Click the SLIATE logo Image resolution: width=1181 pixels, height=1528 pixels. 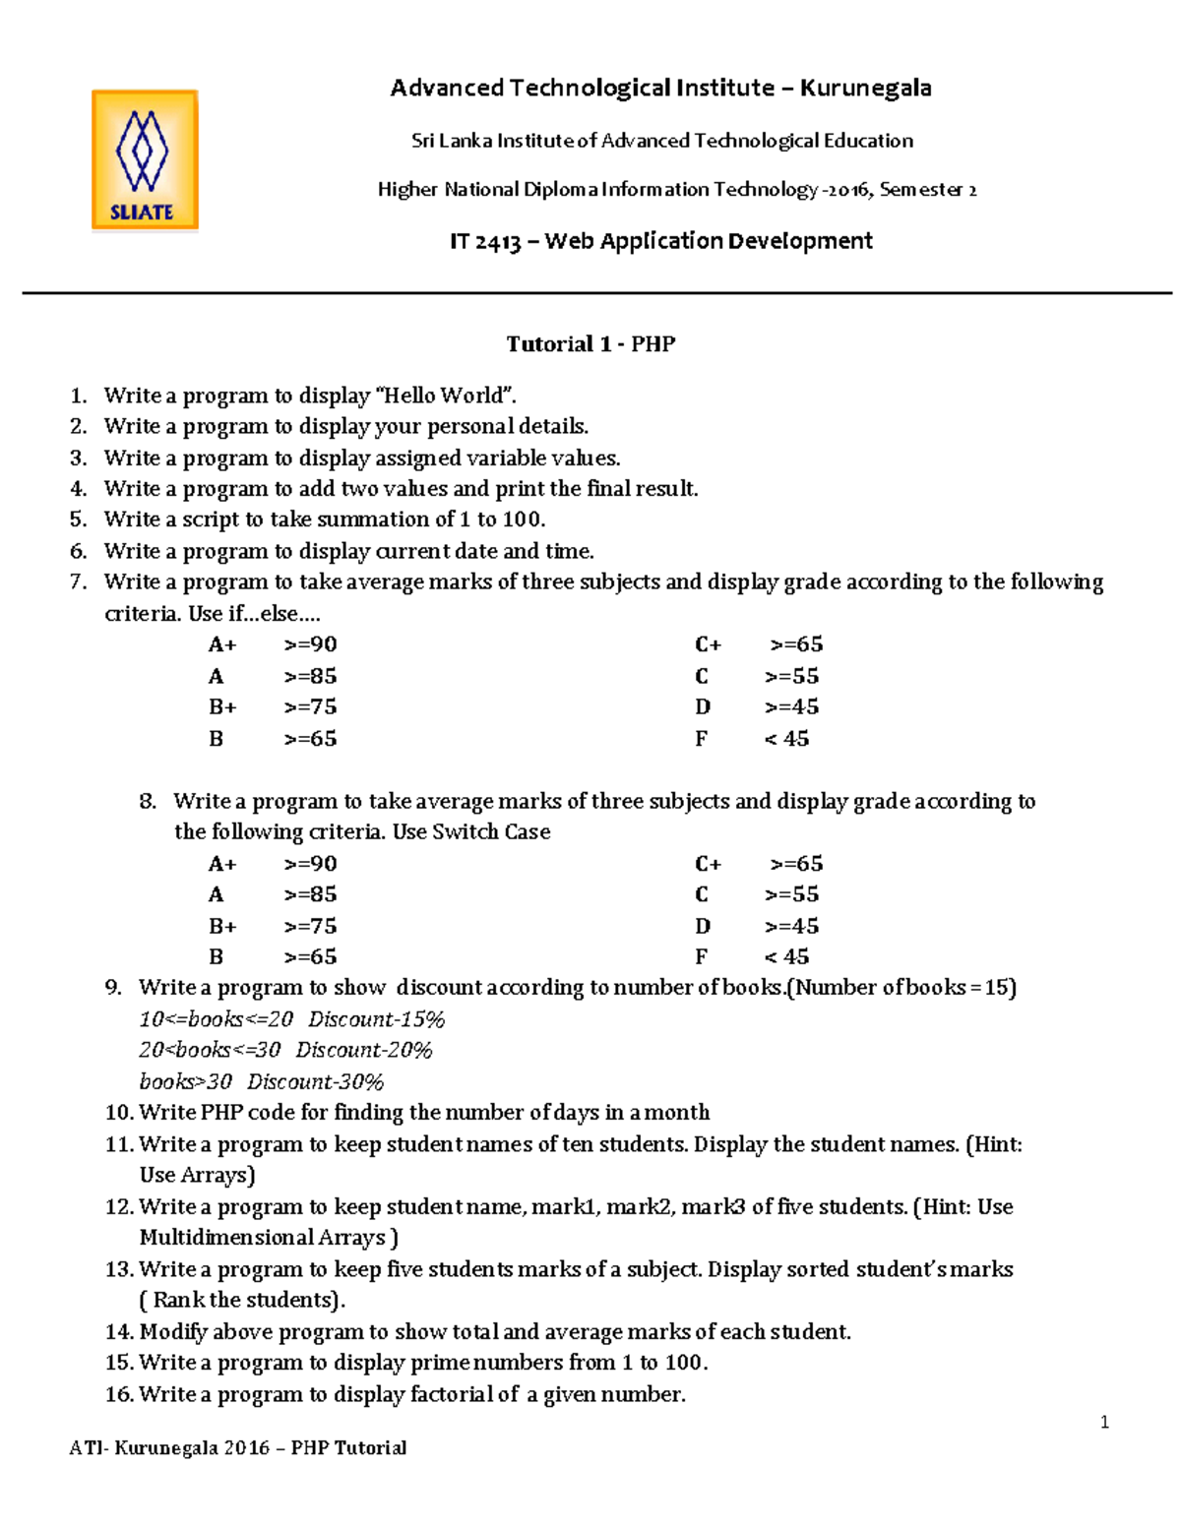point(145,160)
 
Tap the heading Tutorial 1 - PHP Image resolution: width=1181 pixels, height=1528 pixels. point(590,343)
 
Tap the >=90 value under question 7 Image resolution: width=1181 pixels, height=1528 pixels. point(310,644)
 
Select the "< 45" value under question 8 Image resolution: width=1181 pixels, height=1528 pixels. point(786,956)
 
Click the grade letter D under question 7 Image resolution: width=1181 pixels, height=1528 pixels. point(702,706)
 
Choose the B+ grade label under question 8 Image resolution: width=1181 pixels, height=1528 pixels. point(222,926)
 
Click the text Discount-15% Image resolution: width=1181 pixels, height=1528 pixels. point(376,1018)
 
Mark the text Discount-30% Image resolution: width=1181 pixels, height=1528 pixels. point(315,1081)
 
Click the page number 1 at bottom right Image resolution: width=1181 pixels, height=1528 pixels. point(1104,1422)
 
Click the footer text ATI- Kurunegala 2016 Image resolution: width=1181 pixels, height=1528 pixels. point(169,1447)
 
